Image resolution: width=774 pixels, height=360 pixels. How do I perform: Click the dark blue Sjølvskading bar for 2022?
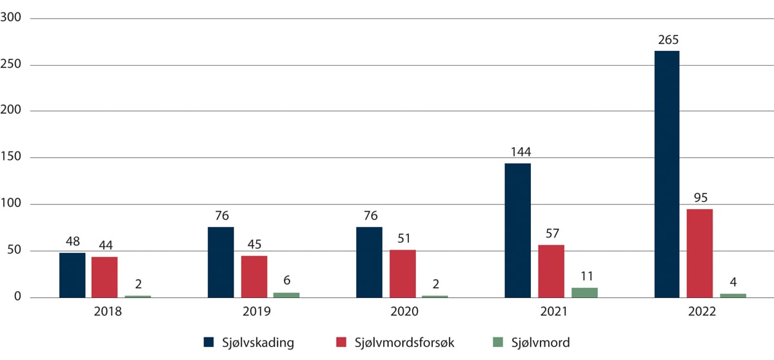[666, 174]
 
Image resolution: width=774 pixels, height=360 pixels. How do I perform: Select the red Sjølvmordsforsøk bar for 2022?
[700, 253]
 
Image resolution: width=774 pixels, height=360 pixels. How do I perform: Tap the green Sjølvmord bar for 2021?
[584, 292]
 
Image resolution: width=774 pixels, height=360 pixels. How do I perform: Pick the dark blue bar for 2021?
[517, 230]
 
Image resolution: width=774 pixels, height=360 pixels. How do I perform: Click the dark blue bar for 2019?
[221, 262]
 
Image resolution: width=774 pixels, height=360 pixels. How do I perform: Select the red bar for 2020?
[402, 274]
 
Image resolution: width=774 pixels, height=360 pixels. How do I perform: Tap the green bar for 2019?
[286, 295]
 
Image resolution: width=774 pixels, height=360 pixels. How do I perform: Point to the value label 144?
[517, 153]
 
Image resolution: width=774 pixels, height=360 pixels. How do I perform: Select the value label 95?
[700, 199]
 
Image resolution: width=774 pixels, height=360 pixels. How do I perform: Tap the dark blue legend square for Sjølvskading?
[208, 343]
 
